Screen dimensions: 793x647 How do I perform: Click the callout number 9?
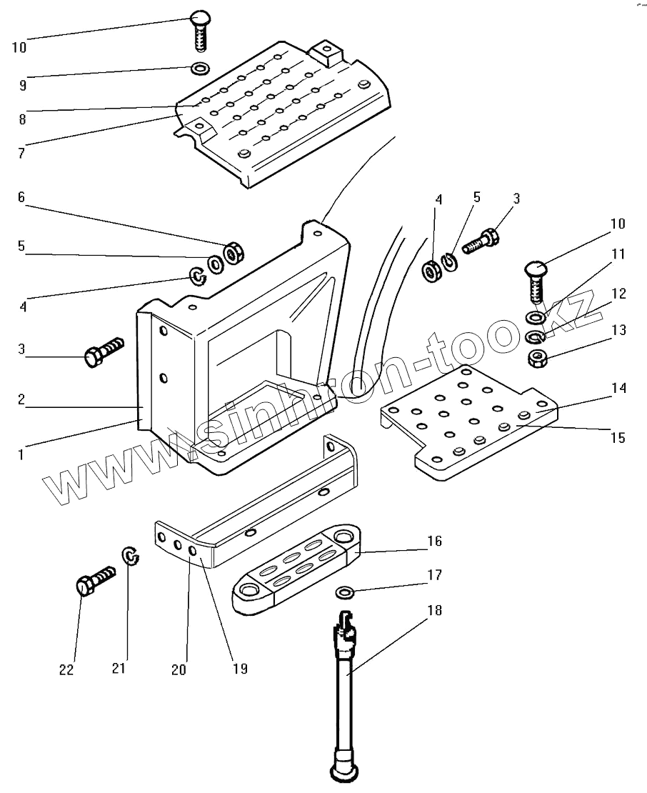pos(23,84)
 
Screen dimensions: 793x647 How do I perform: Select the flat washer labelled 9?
pos(199,69)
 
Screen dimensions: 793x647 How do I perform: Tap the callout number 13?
pos(618,330)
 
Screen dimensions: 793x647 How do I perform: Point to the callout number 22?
pos(66,669)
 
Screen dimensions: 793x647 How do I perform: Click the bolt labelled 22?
pos(91,580)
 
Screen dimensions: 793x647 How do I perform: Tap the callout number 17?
pos(435,574)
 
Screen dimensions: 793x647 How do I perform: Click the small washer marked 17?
pos(345,592)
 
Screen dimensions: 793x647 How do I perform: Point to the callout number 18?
pos(435,610)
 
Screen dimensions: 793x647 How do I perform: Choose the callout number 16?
pos(435,541)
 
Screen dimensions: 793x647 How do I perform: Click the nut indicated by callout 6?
pos(232,253)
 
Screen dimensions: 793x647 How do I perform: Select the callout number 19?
pos(240,669)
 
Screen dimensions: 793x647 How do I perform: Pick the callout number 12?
pos(618,293)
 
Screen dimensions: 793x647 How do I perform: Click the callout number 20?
pos(179,669)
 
